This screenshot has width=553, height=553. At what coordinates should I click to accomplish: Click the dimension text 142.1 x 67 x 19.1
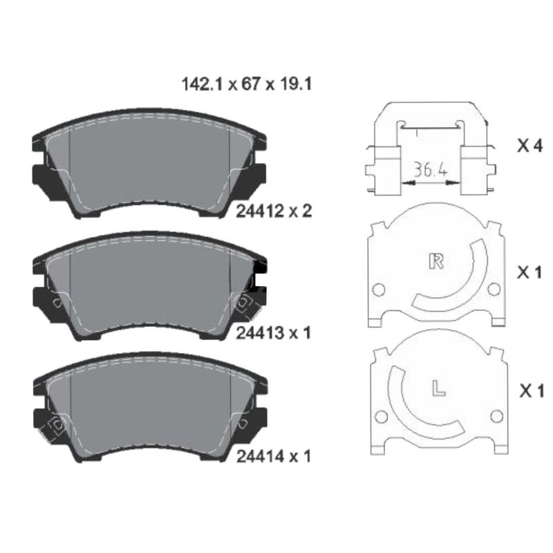coord(247,85)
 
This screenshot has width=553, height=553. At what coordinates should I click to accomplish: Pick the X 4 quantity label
coord(531,146)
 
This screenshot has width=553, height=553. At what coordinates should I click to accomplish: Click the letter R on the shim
coord(436,261)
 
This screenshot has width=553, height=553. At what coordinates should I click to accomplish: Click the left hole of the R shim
coord(378,289)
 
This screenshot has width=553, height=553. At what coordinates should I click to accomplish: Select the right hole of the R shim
coord(494,289)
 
